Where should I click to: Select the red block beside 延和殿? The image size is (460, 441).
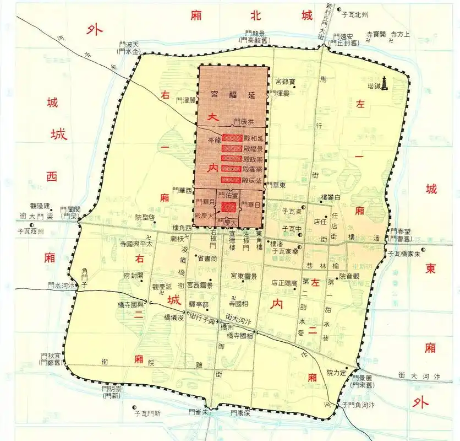point(232,138)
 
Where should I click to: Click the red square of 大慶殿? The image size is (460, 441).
point(228,207)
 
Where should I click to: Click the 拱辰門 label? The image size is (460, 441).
point(244,121)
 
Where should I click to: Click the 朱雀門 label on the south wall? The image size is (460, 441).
point(199,412)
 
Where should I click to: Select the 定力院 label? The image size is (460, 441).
point(337,373)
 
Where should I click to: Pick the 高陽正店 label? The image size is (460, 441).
point(284,282)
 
